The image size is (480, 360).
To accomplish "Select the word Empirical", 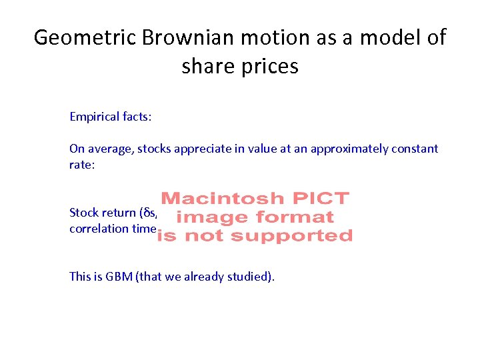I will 95,117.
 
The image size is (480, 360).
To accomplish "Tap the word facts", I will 137,117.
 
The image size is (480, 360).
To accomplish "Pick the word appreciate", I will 201,149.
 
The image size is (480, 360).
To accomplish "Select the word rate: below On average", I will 82,165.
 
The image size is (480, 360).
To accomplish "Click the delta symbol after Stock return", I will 146,213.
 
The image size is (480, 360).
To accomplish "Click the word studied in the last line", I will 250,277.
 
